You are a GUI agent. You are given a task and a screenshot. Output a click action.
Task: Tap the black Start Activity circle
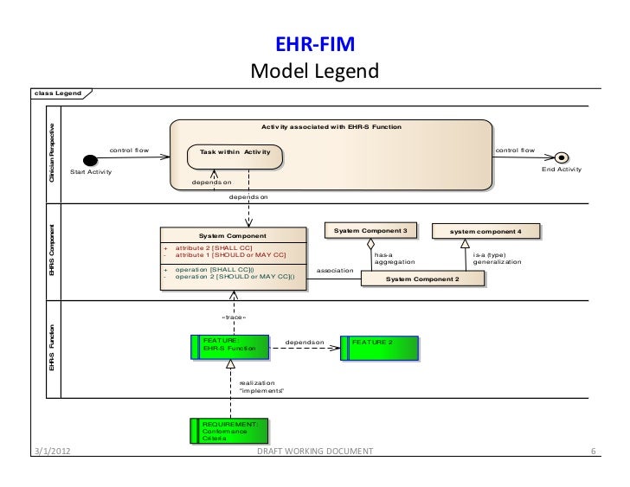(x=87, y=160)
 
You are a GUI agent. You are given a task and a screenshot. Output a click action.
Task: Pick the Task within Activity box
(x=235, y=153)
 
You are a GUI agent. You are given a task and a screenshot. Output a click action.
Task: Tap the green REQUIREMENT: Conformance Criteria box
(x=230, y=431)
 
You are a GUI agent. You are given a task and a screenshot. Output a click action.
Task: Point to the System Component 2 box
(x=422, y=279)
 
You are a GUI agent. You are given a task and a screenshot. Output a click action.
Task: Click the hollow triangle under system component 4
(x=465, y=245)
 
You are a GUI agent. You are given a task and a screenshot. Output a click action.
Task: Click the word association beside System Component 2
(x=336, y=271)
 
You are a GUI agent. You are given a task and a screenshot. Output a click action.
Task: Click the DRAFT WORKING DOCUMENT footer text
(x=315, y=452)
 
